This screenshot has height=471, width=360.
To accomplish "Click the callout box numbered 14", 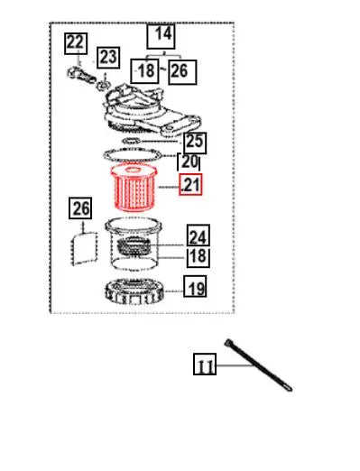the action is coord(161,36).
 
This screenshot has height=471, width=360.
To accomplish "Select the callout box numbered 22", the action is coord(76,43).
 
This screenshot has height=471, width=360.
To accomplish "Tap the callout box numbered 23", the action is coord(108,58).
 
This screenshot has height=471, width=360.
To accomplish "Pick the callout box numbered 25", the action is coord(195,143).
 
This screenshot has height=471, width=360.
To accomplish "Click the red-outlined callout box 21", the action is coord(190,184).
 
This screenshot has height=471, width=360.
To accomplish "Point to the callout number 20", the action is coord(189,162).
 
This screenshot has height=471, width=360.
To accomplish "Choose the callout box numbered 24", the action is coord(198,235).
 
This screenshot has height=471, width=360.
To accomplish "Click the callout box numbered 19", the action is coord(195,286).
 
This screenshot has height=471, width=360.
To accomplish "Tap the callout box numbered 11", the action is coord(205,365).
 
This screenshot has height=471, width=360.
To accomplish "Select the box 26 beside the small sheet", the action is coord(80,208).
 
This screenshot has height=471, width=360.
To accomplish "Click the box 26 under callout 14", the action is coord(182,72).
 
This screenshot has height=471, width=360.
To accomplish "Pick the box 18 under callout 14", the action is coord(144,71).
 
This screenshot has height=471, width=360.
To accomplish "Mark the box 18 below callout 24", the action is coord(198,257).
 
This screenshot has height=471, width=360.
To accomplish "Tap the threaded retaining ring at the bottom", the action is coord(134,291).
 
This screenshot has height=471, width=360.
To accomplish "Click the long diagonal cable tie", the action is coord(258,365).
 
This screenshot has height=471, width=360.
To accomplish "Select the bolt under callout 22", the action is coord(81,76).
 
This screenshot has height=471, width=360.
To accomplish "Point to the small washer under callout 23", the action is coord(104,85).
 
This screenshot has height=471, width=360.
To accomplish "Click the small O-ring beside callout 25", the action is coord(131,141).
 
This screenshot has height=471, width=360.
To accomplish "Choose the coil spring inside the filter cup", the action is coord(134,245).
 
